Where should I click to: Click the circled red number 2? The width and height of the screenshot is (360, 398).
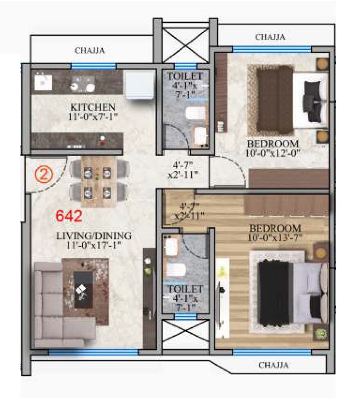tap(44, 174)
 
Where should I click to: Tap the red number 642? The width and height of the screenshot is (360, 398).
tap(69, 216)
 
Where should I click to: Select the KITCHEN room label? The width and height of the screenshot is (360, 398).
tap(92, 107)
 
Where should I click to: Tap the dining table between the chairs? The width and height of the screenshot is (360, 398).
tap(97, 182)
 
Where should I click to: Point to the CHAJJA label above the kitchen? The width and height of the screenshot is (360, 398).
tap(90, 51)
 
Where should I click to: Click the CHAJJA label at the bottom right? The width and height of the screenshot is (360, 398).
tap(273, 365)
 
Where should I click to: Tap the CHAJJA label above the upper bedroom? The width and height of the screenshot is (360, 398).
tap(270, 37)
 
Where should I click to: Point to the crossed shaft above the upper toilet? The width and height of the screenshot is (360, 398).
tap(185, 44)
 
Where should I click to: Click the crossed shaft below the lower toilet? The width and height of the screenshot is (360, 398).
tap(186, 334)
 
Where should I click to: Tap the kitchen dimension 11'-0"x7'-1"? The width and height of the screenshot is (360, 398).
tap(92, 116)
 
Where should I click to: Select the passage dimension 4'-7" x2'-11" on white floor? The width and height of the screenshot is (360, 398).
tap(183, 170)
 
